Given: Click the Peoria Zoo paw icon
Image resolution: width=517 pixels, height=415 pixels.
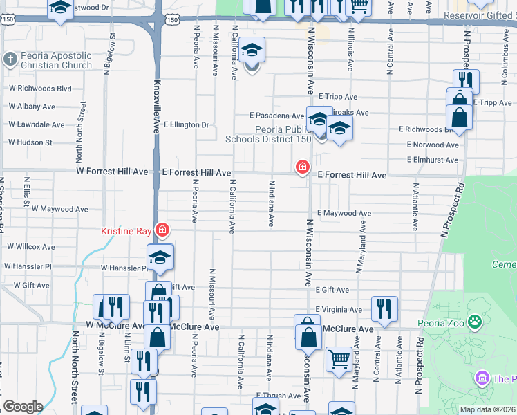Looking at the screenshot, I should (x=475, y=322).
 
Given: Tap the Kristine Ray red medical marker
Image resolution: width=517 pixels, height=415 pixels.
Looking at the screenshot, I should (x=162, y=229).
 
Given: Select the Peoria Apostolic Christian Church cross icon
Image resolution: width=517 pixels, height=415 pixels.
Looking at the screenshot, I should (x=10, y=60).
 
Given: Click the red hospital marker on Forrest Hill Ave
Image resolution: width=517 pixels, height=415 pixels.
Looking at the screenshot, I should (x=302, y=167).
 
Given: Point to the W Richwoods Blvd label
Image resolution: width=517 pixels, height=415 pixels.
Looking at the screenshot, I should (x=40, y=89).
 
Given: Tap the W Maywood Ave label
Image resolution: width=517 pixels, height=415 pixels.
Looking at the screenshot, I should (x=59, y=209).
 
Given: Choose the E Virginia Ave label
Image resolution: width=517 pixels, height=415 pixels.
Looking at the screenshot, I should (x=339, y=310).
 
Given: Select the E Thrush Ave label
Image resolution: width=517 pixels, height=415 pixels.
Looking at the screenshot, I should (x=278, y=396).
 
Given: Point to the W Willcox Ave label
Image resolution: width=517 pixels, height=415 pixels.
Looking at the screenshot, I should (x=31, y=246).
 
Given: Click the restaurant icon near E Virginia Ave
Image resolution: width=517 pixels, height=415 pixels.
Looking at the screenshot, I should (x=384, y=308).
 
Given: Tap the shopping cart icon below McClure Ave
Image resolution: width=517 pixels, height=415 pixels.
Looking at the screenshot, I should (x=338, y=358).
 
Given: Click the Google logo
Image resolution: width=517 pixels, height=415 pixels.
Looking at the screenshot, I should (x=23, y=407).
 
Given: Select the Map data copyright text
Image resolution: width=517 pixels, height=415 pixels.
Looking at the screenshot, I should (x=487, y=409).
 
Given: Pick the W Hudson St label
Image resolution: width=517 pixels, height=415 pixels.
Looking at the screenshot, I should (x=30, y=142).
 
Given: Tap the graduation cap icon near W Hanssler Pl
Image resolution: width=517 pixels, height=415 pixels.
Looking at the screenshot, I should (x=160, y=257).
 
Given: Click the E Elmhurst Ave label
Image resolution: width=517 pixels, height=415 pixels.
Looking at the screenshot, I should (x=433, y=160).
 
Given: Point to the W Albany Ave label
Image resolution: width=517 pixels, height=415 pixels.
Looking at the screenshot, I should (x=32, y=107).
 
